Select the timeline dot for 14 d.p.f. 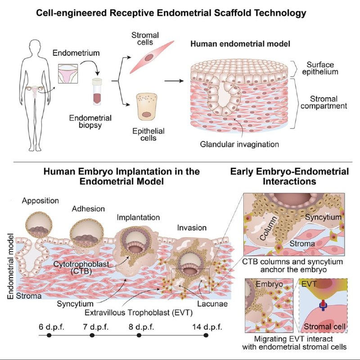pyautogui.click(x=206, y=335)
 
